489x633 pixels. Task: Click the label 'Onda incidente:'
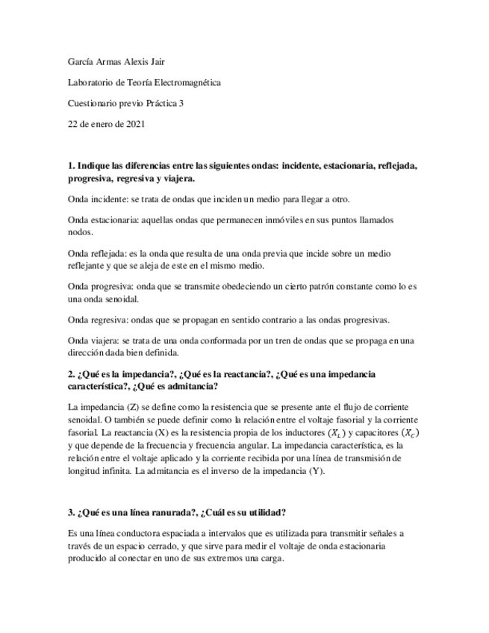(98, 200)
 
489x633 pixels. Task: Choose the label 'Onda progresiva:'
(101, 287)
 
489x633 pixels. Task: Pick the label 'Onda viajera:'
(94, 341)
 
